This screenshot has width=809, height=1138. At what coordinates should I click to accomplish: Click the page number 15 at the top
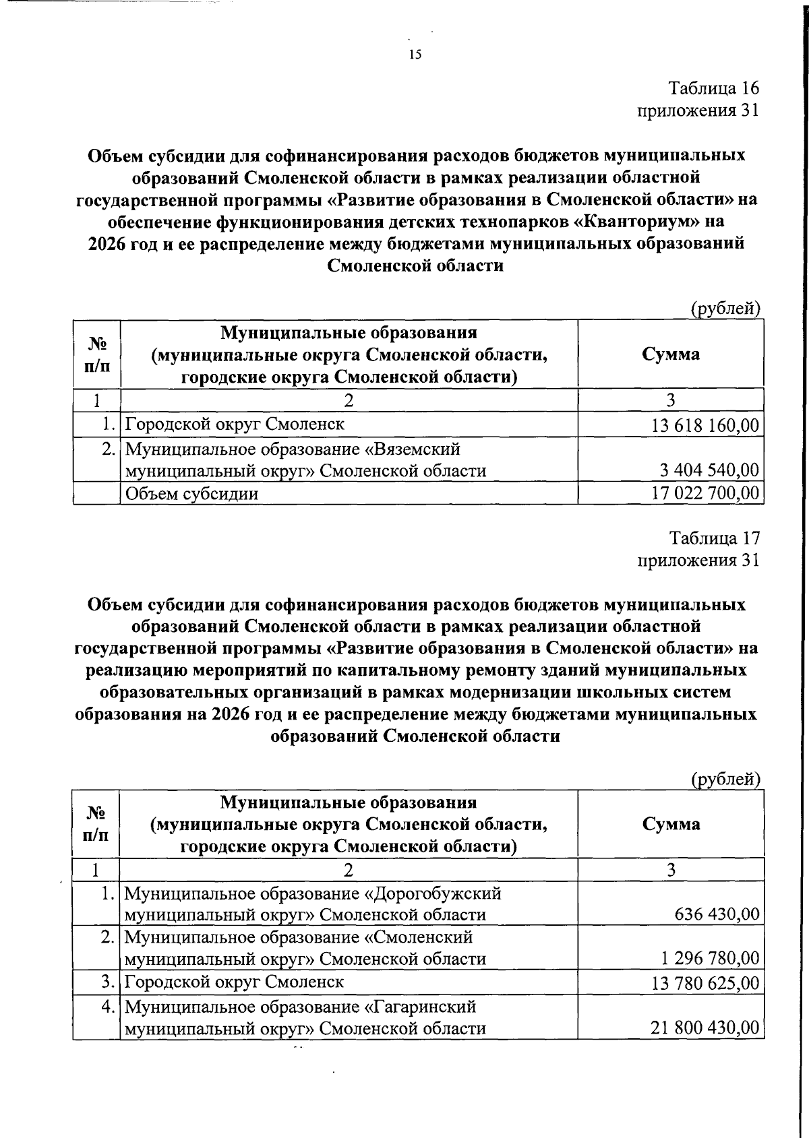(415, 55)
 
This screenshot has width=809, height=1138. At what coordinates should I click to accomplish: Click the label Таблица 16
(713, 88)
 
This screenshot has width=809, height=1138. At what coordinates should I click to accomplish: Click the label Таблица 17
(713, 538)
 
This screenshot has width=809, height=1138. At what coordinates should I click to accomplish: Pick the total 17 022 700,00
(705, 493)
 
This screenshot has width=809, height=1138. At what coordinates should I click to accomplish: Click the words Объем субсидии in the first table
(192, 494)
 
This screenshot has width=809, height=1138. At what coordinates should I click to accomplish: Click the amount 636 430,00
(717, 914)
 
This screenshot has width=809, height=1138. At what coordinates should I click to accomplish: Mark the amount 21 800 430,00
(705, 1028)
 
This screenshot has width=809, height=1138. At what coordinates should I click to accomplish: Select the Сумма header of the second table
(670, 823)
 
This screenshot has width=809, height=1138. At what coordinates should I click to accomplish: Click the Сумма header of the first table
(670, 354)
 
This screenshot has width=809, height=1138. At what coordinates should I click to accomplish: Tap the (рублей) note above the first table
(725, 309)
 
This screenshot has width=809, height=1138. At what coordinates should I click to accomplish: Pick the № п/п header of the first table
(97, 354)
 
